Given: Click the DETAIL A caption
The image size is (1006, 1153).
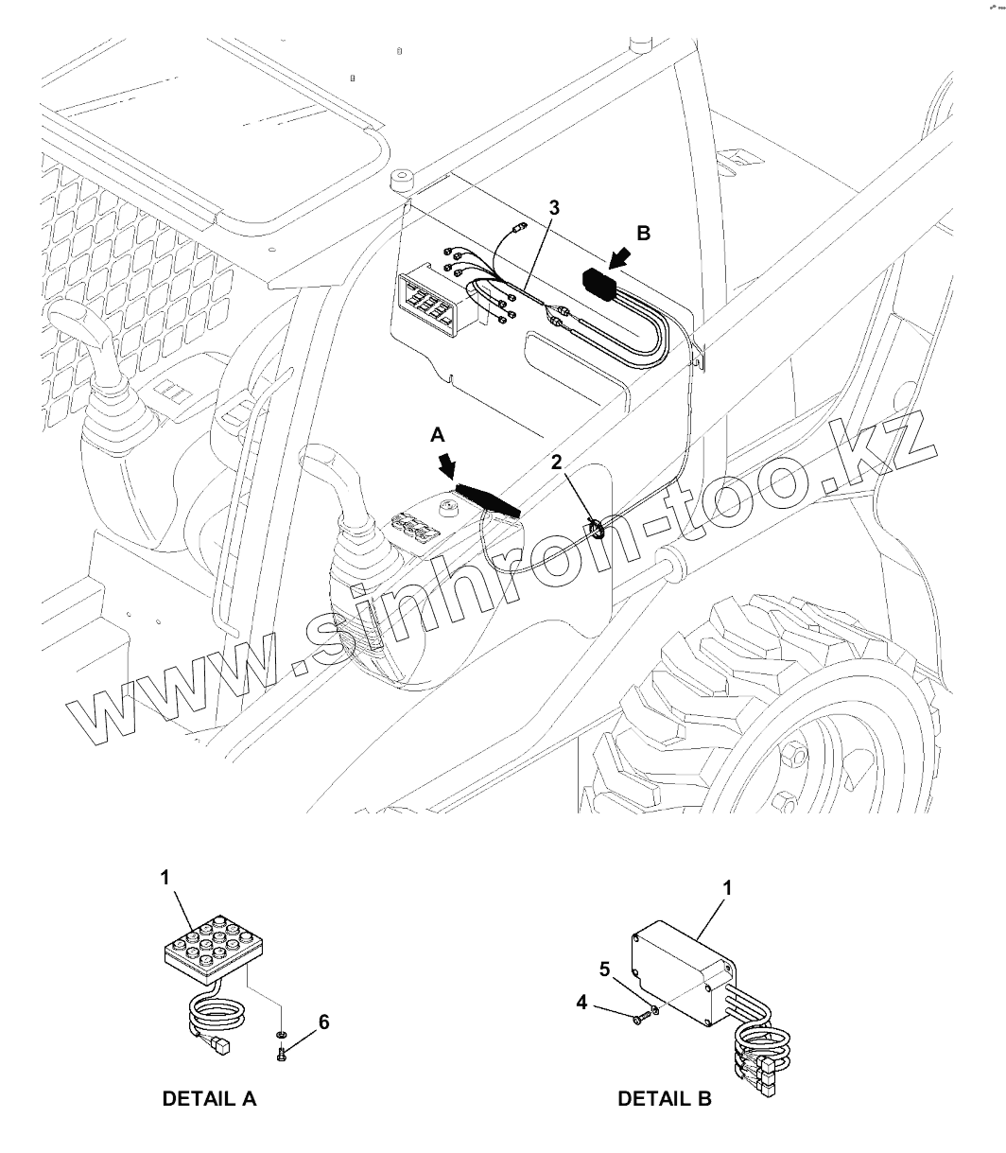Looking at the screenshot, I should [x=209, y=1099].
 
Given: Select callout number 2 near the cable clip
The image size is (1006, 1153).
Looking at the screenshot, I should [x=557, y=462].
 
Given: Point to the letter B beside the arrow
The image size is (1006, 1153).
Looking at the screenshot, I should [x=643, y=233].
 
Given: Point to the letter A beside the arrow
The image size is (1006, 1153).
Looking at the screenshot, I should [x=436, y=433].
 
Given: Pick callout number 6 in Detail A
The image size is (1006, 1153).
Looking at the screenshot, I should [x=324, y=1022].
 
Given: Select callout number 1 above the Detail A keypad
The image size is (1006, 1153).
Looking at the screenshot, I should [x=165, y=878].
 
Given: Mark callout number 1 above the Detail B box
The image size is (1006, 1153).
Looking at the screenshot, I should [x=727, y=888].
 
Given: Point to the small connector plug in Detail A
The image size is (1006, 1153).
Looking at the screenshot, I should [x=221, y=1045].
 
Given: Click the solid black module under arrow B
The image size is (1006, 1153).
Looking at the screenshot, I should [x=600, y=282].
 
